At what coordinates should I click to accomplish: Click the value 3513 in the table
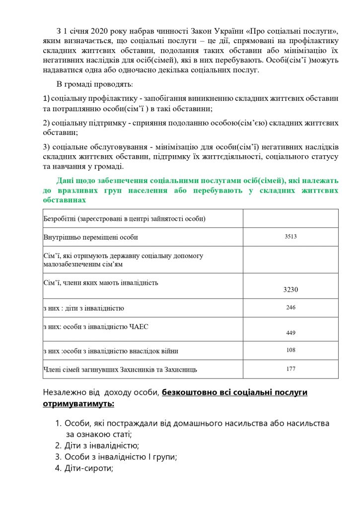(290, 237)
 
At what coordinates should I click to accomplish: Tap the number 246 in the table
(290, 308)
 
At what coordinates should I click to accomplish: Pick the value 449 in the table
(290, 333)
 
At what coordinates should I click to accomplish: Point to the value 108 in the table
(290, 350)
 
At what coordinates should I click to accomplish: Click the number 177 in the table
(290, 369)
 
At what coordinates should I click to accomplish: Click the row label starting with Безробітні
(125, 218)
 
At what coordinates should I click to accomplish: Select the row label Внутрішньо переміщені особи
(91, 237)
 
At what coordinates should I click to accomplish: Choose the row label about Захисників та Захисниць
(121, 370)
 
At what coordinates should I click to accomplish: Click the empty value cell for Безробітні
(290, 218)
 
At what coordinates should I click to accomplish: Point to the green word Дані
(66, 181)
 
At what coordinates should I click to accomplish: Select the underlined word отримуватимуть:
(78, 404)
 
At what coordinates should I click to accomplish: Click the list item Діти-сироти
(89, 468)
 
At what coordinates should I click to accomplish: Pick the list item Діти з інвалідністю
(101, 445)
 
